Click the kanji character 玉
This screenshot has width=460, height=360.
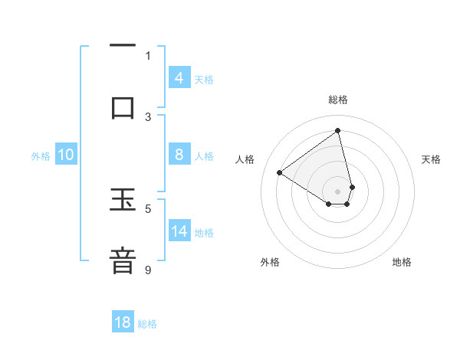pyautogui.click(x=123, y=203)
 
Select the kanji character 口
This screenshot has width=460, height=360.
pyautogui.click(x=123, y=107)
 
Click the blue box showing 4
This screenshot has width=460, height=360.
pyautogui.click(x=179, y=78)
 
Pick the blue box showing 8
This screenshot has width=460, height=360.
pyautogui.click(x=179, y=155)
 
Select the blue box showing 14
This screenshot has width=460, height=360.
pyautogui.click(x=179, y=231)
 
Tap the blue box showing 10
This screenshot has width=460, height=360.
pyautogui.click(x=66, y=155)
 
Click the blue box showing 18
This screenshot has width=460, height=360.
pyautogui.click(x=123, y=322)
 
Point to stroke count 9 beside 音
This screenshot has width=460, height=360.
pyautogui.click(x=148, y=270)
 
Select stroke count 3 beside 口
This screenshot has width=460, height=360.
pyautogui.click(x=148, y=116)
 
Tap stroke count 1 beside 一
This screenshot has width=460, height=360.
pyautogui.click(x=148, y=55)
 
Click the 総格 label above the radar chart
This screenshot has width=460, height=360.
pyautogui.click(x=338, y=100)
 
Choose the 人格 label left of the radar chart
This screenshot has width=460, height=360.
pyautogui.click(x=245, y=159)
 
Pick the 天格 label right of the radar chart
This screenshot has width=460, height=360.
pyautogui.click(x=432, y=159)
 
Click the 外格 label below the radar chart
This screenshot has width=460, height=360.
pyautogui.click(x=270, y=262)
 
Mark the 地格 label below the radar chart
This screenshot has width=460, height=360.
pyautogui.click(x=402, y=262)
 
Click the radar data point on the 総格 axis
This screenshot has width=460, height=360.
pyautogui.click(x=338, y=130)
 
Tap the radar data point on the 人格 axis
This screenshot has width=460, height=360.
pyautogui.click(x=280, y=172)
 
